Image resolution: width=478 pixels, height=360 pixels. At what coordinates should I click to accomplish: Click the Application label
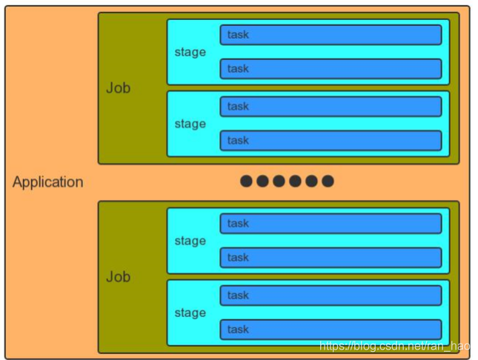[x=47, y=182]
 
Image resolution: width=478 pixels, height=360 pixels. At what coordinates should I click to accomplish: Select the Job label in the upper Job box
[x=118, y=88]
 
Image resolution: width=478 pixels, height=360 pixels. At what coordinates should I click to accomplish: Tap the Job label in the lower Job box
[x=118, y=277]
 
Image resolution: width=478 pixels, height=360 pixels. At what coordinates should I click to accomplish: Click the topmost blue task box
[x=331, y=35]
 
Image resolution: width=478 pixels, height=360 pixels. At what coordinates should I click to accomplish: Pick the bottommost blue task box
[x=331, y=330]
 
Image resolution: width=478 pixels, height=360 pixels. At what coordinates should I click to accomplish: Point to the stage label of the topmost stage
[x=190, y=53]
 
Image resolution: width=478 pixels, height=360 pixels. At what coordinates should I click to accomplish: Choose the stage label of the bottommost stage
[x=190, y=313]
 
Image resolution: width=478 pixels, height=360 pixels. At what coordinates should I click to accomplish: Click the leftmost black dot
[x=246, y=181]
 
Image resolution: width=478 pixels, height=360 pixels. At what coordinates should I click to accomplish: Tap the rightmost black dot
[x=328, y=181]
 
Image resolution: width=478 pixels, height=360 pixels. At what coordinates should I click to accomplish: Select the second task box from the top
[x=331, y=69]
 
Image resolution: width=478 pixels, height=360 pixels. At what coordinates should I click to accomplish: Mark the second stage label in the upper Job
[x=190, y=124]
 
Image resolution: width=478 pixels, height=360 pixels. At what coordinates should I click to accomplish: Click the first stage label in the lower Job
[x=190, y=241]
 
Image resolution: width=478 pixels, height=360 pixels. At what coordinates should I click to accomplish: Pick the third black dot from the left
[x=279, y=181]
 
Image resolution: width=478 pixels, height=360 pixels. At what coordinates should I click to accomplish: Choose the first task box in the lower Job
[x=331, y=224]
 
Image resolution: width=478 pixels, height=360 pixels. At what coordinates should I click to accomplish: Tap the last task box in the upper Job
[x=331, y=141]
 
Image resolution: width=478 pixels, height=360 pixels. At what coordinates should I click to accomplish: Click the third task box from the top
[x=331, y=107]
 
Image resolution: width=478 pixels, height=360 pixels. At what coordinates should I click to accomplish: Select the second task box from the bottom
[x=331, y=296]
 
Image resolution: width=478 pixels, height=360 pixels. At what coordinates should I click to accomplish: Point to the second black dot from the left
[x=262, y=181]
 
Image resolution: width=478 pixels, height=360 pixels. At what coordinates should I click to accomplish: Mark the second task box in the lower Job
[x=331, y=258]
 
